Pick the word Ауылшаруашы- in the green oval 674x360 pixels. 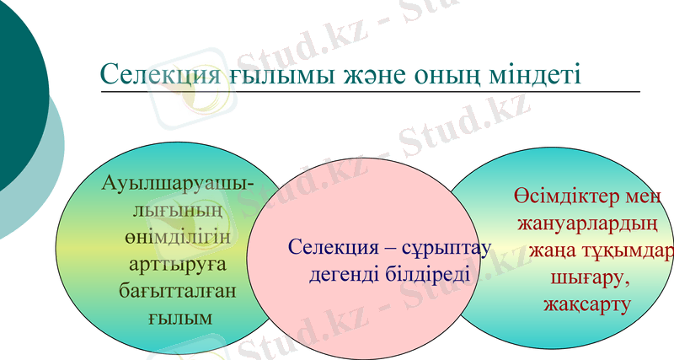pos(179,183)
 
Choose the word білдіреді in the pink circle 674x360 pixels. pos(427,274)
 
